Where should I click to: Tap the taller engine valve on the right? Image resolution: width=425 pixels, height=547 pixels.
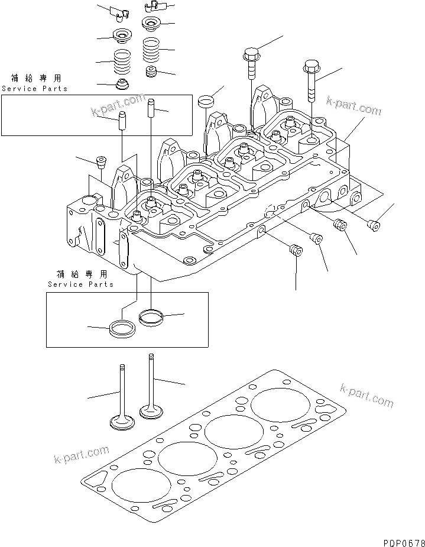(x=151, y=387)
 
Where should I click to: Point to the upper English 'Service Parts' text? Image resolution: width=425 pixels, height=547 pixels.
(x=34, y=89)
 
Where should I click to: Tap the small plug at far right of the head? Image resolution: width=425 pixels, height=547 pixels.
(x=373, y=224)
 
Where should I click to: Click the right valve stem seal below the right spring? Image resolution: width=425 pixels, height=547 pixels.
(x=153, y=73)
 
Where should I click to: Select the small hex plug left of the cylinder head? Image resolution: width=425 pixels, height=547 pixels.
(x=101, y=161)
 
